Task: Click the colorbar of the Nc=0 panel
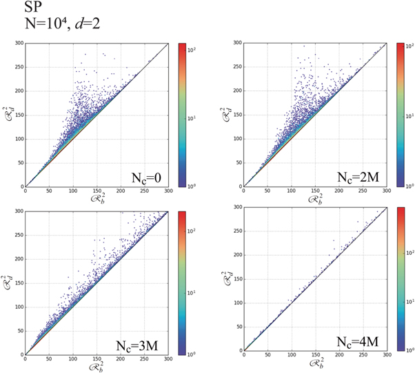183,115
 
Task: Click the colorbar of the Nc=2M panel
401,115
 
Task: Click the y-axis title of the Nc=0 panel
10,111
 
